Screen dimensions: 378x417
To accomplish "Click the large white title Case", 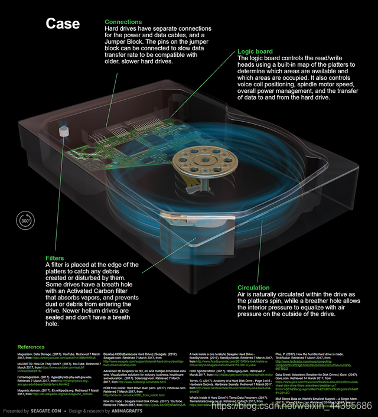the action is coord(63,23).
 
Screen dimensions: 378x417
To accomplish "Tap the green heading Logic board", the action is coord(255,52).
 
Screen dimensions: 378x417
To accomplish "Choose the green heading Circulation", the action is coord(253,288).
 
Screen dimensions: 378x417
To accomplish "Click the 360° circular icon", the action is coord(25,220).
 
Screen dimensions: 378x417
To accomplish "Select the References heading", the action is coord(31,347).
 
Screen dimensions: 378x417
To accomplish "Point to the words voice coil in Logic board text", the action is coord(252,92).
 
